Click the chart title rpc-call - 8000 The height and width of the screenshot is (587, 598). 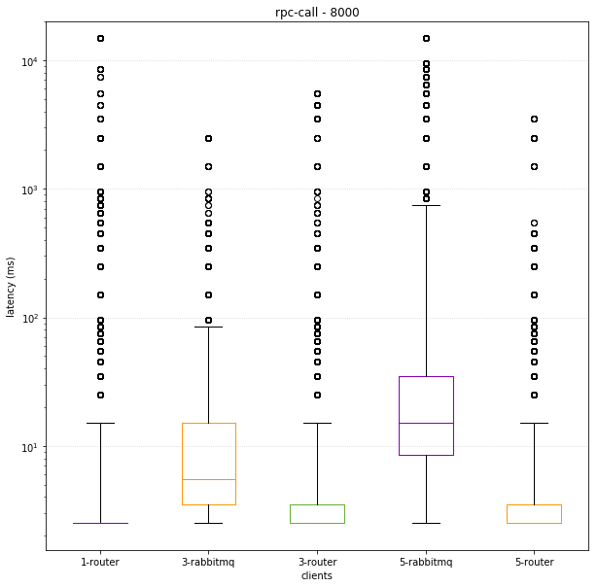pyautogui.click(x=317, y=12)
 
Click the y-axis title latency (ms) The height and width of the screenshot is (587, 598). pyautogui.click(x=12, y=287)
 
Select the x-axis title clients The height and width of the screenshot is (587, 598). pyautogui.click(x=317, y=575)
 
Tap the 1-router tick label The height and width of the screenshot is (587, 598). pyautogui.click(x=100, y=562)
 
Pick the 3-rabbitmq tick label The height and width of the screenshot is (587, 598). pyautogui.click(x=208, y=562)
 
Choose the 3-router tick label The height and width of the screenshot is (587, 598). pyautogui.click(x=317, y=562)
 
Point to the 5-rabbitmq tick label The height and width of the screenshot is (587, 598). pyautogui.click(x=426, y=562)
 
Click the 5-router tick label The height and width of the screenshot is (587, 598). pyautogui.click(x=534, y=562)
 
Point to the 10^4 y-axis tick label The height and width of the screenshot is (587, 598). pyautogui.click(x=29, y=61)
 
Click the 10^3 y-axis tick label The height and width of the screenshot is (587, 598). pyautogui.click(x=29, y=190)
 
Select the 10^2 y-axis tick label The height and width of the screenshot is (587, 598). pyautogui.click(x=29, y=319)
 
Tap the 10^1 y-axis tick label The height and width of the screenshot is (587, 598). pyautogui.click(x=29, y=447)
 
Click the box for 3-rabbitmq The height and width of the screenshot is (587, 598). pyautogui.click(x=208, y=457)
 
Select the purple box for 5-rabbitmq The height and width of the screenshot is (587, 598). pyautogui.click(x=426, y=408)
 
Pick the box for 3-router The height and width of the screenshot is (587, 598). pyautogui.click(x=317, y=514)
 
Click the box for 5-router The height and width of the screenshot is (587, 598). pyautogui.click(x=534, y=514)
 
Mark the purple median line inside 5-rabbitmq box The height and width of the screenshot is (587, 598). pyautogui.click(x=426, y=423)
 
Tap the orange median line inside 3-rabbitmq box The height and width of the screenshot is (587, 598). pyautogui.click(x=208, y=479)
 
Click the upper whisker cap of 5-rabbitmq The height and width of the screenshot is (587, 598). pyautogui.click(x=426, y=205)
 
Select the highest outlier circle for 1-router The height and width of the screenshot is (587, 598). pyautogui.click(x=100, y=38)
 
